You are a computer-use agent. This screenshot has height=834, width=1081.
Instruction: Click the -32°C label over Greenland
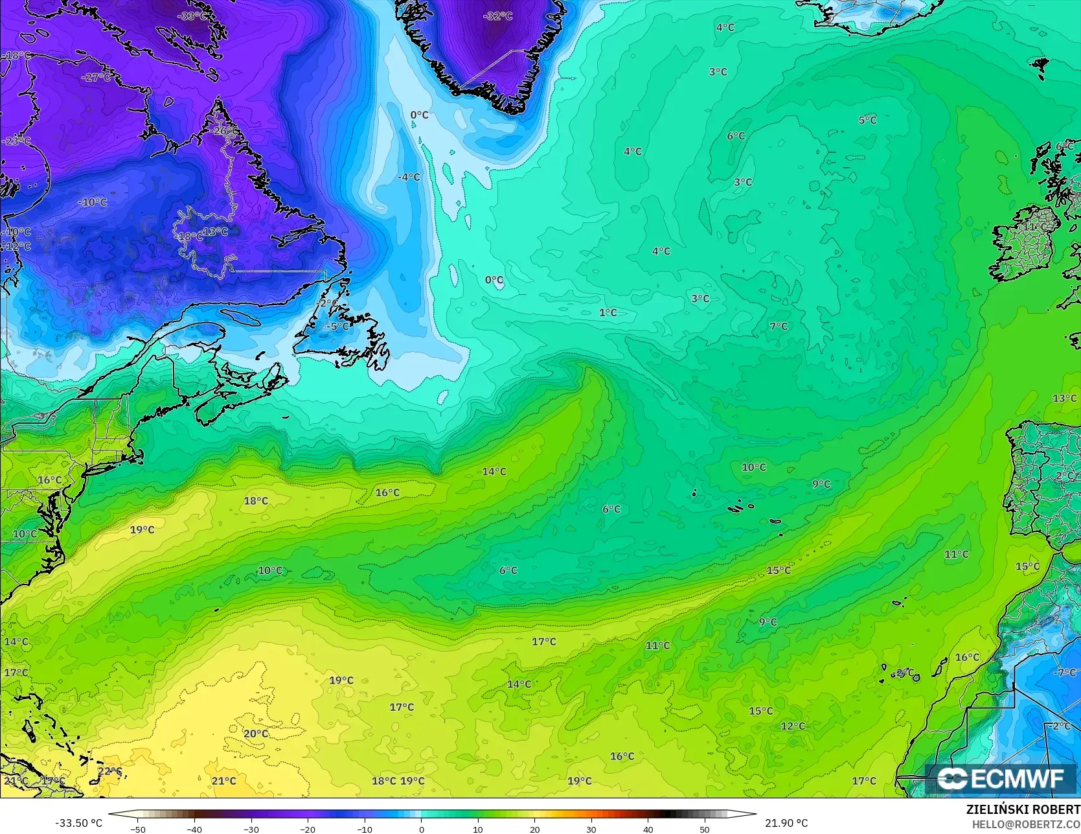(497, 16)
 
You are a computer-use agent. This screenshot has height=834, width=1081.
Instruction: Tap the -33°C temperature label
(193, 16)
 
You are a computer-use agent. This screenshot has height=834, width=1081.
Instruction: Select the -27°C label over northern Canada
(97, 77)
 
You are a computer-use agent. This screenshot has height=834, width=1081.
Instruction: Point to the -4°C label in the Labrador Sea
(409, 177)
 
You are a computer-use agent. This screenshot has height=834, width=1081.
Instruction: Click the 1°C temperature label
(608, 312)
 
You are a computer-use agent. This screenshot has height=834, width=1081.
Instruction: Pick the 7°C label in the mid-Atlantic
(779, 326)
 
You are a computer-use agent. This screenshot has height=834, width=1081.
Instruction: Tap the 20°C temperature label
(256, 734)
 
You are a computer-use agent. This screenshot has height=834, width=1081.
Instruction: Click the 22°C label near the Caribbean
(110, 771)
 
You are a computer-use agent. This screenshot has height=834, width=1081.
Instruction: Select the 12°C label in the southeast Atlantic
(793, 726)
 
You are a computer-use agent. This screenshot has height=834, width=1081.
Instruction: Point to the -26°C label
(224, 130)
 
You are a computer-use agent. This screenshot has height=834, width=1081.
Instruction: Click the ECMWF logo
(1001, 779)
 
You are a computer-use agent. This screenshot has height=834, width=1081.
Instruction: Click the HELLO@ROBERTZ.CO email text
(1026, 823)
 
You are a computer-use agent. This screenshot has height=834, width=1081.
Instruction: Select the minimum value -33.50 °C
(78, 823)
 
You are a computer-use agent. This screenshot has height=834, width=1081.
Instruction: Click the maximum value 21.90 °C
(786, 823)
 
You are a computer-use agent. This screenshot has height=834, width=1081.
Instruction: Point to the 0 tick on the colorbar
(421, 829)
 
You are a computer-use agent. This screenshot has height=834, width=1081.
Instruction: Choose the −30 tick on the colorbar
(251, 829)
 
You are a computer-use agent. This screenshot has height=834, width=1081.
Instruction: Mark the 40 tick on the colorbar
(648, 829)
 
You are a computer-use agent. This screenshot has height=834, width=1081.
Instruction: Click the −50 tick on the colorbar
(137, 829)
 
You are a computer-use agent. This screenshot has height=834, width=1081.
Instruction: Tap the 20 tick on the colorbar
(534, 829)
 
